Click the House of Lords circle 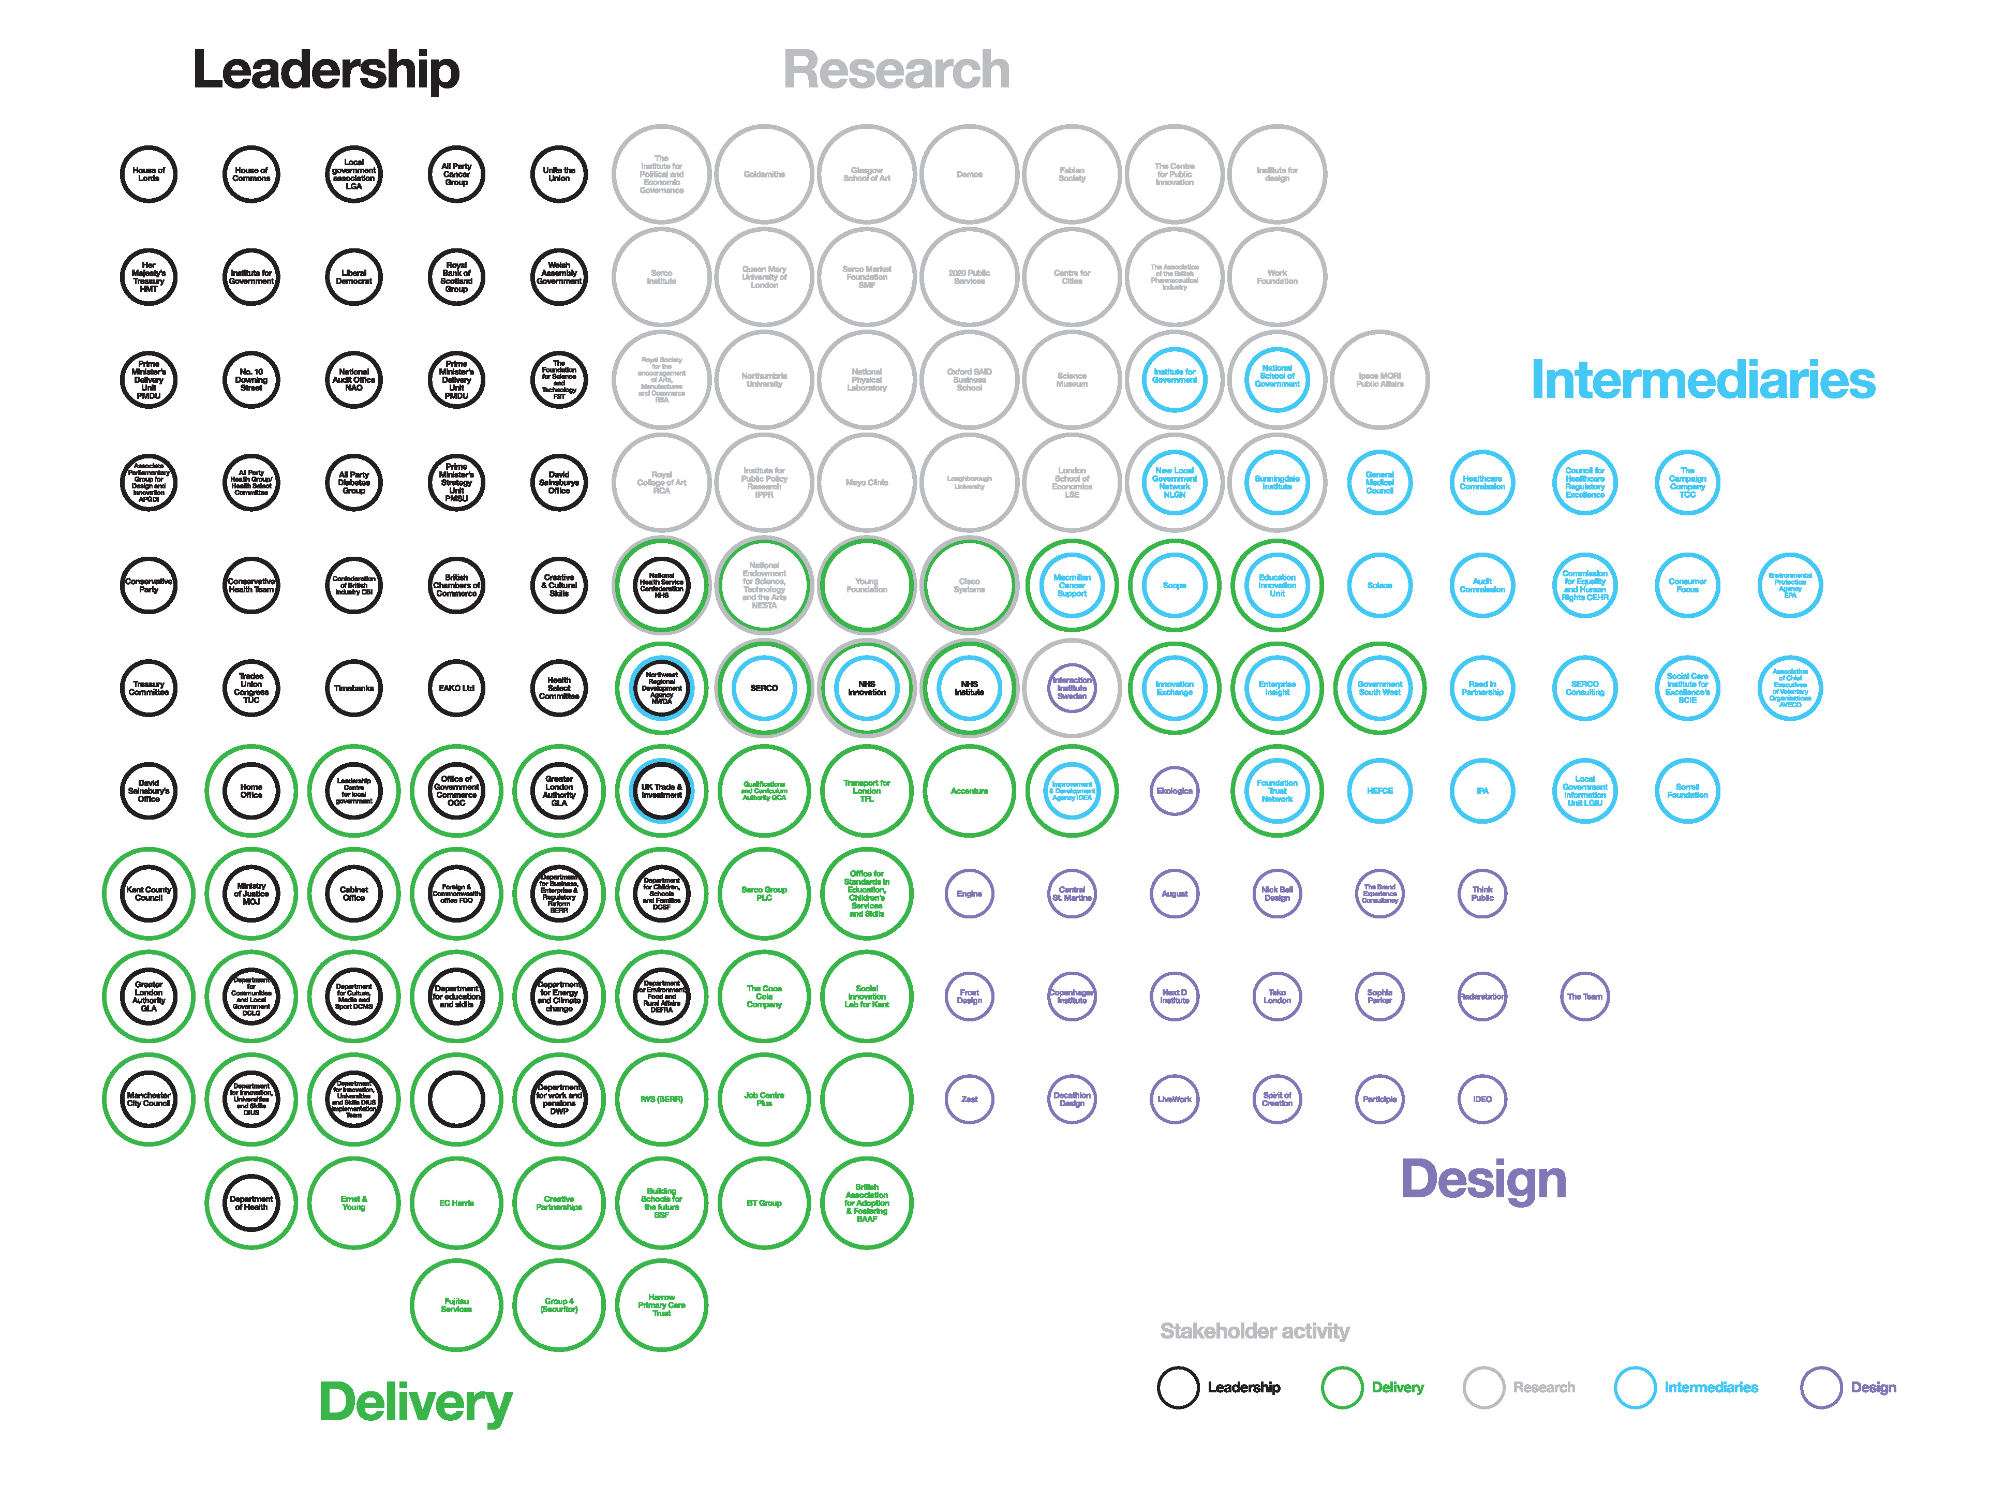148,174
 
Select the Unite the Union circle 559,174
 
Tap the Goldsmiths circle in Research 764,174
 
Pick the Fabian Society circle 1072,174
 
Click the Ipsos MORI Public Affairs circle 1379,380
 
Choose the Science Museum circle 1072,380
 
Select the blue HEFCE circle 1379,791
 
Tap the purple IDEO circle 1482,1099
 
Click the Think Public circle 1482,893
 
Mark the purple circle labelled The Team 1584,997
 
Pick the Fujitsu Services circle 456,1305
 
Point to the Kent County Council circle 148,893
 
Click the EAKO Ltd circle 456,688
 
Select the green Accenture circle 969,791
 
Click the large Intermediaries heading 1702,380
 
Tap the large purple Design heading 1482,1179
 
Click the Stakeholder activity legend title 1254,1331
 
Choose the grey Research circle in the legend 1483,1387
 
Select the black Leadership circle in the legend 1178,1387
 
